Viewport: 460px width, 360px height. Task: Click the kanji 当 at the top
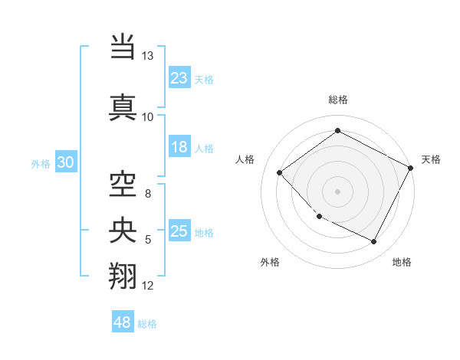point(123,47)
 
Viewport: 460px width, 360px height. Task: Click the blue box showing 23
point(179,77)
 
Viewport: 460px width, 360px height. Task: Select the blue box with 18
point(179,147)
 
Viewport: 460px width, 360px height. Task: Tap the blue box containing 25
point(179,231)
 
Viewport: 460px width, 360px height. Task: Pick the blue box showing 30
point(65,162)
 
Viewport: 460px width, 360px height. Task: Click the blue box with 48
point(123,322)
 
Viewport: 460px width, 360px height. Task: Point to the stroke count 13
point(147,57)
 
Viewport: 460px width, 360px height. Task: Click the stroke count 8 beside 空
point(147,194)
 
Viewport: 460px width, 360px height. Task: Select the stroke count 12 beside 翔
point(148,286)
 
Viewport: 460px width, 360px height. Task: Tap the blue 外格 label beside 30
point(41,163)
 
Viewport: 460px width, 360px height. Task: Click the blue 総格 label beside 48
point(147,324)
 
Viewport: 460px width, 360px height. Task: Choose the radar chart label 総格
point(338,100)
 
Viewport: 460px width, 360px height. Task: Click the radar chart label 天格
point(431,159)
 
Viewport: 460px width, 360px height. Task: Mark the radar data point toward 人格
point(280,172)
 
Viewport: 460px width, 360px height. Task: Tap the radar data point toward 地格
point(374,242)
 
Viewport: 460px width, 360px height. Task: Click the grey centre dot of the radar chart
point(337,191)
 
